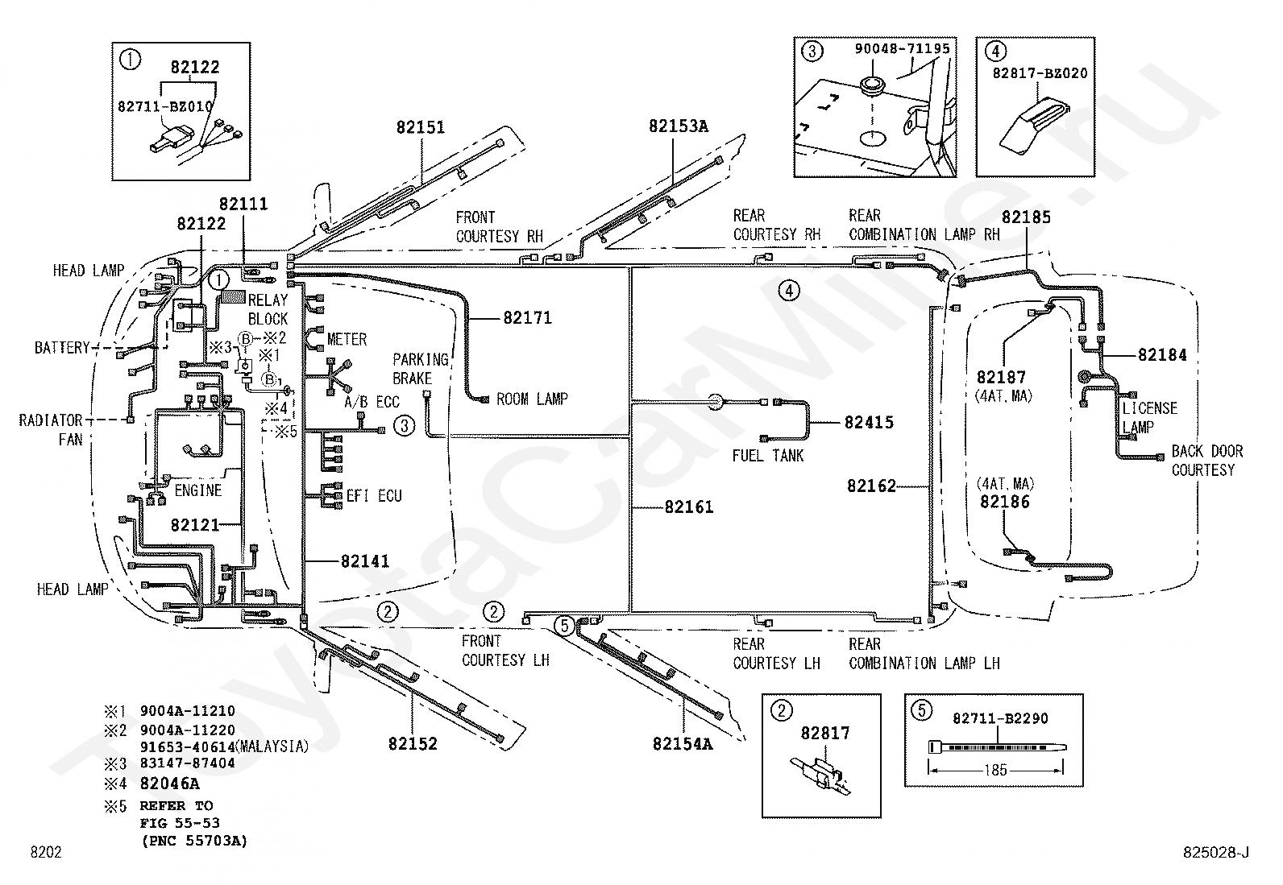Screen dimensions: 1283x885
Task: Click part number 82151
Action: (x=421, y=127)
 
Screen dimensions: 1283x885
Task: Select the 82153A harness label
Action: (x=678, y=126)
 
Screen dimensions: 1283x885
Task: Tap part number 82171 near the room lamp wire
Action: (x=528, y=318)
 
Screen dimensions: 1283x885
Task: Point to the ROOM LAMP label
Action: (x=532, y=399)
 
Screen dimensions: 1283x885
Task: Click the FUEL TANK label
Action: (x=767, y=456)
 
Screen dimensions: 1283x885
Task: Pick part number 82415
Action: (x=869, y=423)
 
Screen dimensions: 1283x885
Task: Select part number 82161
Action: (x=689, y=507)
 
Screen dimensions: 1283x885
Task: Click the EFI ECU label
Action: (x=374, y=496)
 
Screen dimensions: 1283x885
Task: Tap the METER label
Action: (x=347, y=340)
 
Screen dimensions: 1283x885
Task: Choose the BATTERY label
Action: (x=62, y=348)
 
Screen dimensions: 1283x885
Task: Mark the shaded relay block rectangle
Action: (x=233, y=296)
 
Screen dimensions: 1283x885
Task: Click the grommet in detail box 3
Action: (x=872, y=84)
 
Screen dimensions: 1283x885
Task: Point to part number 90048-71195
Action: (x=902, y=48)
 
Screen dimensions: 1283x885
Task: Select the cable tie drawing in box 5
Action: (x=997, y=747)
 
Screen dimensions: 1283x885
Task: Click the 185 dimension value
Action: (x=995, y=770)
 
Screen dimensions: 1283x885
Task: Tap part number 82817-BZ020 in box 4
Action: (x=1040, y=73)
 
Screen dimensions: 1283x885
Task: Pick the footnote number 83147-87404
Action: (x=187, y=763)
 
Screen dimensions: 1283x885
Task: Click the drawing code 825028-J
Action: (x=1215, y=852)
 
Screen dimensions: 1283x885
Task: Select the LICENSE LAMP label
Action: (x=1149, y=418)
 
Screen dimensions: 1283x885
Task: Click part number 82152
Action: (x=413, y=743)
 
